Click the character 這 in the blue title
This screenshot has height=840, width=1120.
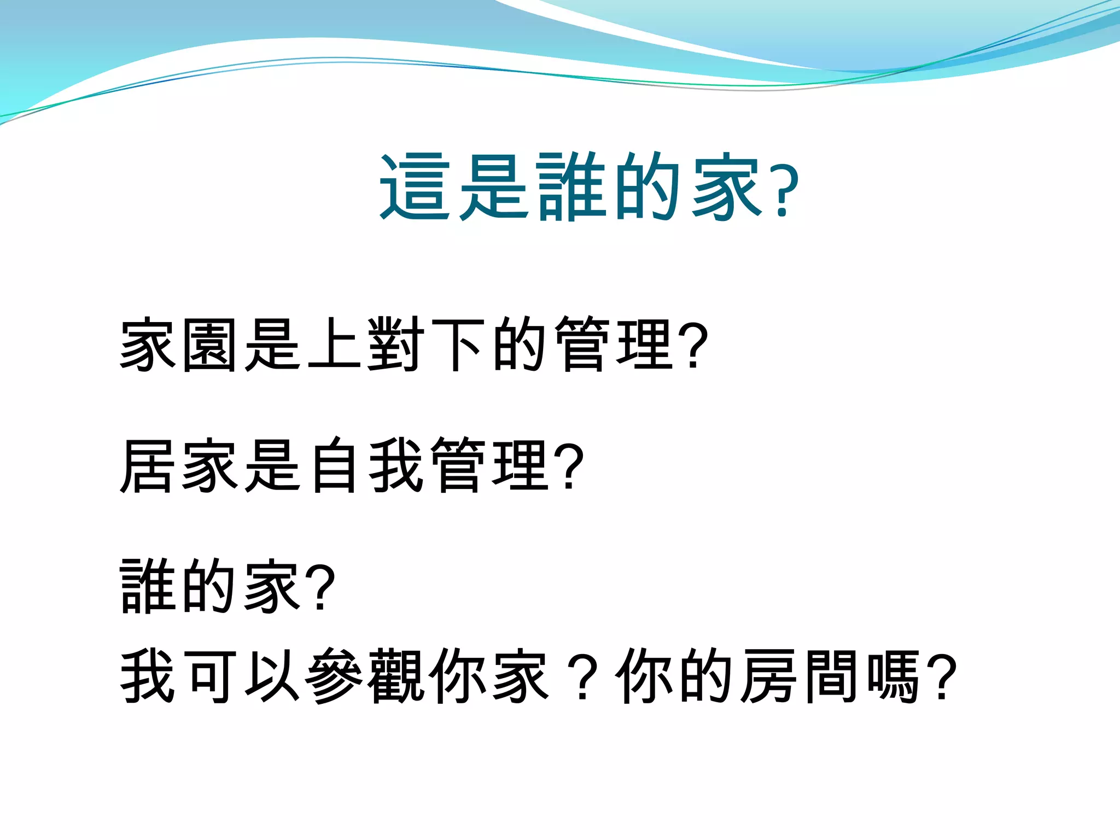pos(415,187)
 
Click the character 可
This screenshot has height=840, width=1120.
pos(210,676)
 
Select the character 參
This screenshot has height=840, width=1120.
pos(334,676)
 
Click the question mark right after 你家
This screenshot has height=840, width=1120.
pos(583,678)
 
